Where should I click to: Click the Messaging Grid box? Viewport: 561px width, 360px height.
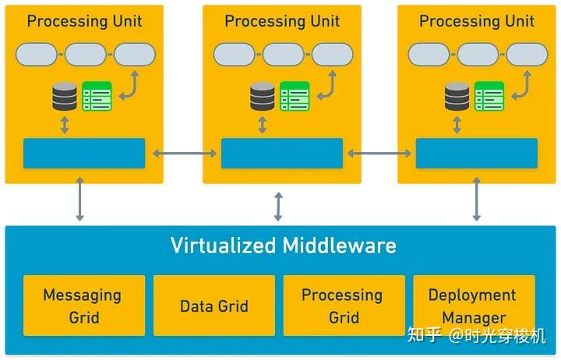coord(84,305)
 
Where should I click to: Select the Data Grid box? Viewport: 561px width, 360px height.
coord(214,305)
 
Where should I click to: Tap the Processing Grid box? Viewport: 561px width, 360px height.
coord(344,305)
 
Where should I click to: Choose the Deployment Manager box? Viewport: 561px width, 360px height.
coord(474,305)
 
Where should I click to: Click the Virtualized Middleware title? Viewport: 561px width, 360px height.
coord(284,245)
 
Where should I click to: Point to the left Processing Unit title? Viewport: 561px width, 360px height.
coord(84,21)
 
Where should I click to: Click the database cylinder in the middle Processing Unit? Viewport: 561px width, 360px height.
coord(263,96)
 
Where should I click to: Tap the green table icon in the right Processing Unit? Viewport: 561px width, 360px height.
coord(489,96)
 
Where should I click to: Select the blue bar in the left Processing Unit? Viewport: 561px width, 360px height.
coord(84,154)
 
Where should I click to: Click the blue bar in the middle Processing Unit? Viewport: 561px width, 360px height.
coord(282,154)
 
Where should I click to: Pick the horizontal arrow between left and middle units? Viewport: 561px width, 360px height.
coord(185,154)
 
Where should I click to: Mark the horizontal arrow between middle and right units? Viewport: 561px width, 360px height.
coord(379,154)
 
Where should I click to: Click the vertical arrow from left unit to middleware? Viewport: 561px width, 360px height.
coord(79,199)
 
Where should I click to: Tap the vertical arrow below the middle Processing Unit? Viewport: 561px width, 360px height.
coord(278,206)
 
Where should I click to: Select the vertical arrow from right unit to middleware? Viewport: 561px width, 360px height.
coord(477,199)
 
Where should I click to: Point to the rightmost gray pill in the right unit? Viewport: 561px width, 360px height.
coord(527,55)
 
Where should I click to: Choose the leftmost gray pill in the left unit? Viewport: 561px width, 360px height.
coord(36,55)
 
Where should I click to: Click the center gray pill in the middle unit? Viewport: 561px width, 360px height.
coord(283,55)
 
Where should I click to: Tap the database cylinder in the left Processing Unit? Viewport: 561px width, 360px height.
coord(65,96)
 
